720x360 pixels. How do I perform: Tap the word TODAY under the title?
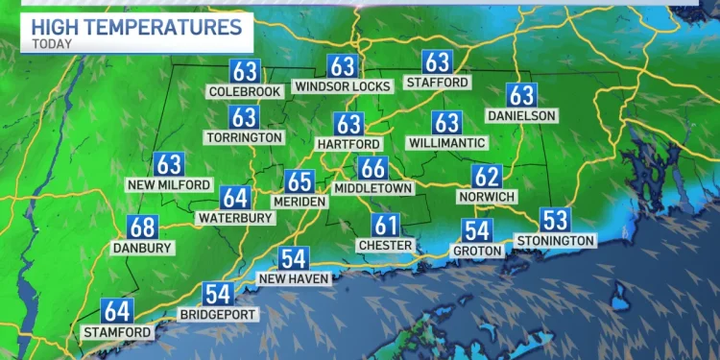click(x=54, y=42)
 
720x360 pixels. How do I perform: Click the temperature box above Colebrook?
click(x=244, y=70)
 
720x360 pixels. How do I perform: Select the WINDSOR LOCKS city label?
click(x=343, y=86)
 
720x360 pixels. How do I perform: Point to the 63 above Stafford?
click(x=437, y=62)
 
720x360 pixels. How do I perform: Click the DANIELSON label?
click(x=521, y=114)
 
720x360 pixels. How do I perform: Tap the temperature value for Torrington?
click(x=244, y=117)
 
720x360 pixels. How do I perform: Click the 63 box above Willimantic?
click(x=446, y=122)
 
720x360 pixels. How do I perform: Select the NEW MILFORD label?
click(x=169, y=183)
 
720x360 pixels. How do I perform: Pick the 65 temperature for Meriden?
click(x=300, y=181)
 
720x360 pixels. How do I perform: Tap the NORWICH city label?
click(x=487, y=197)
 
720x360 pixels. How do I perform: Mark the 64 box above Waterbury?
click(x=235, y=198)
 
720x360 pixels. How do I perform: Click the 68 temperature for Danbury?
click(x=142, y=228)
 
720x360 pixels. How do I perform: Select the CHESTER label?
click(x=386, y=245)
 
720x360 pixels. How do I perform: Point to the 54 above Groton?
click(x=477, y=230)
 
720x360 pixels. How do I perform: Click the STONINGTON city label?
click(x=555, y=239)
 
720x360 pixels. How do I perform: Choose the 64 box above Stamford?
click(x=117, y=311)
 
